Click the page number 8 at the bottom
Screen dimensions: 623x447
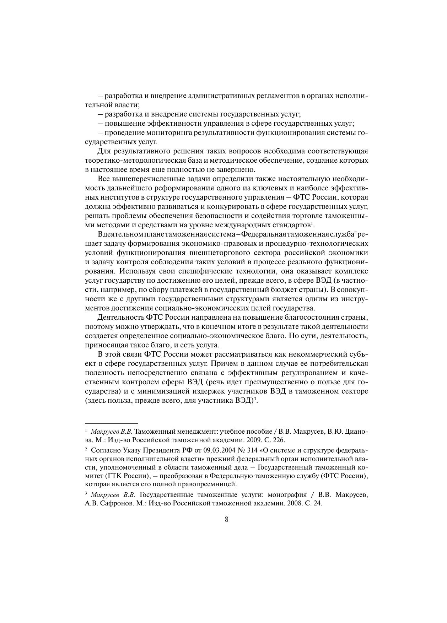[226, 519]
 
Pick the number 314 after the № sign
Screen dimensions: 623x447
[251, 450]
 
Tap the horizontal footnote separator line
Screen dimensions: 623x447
[112, 423]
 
